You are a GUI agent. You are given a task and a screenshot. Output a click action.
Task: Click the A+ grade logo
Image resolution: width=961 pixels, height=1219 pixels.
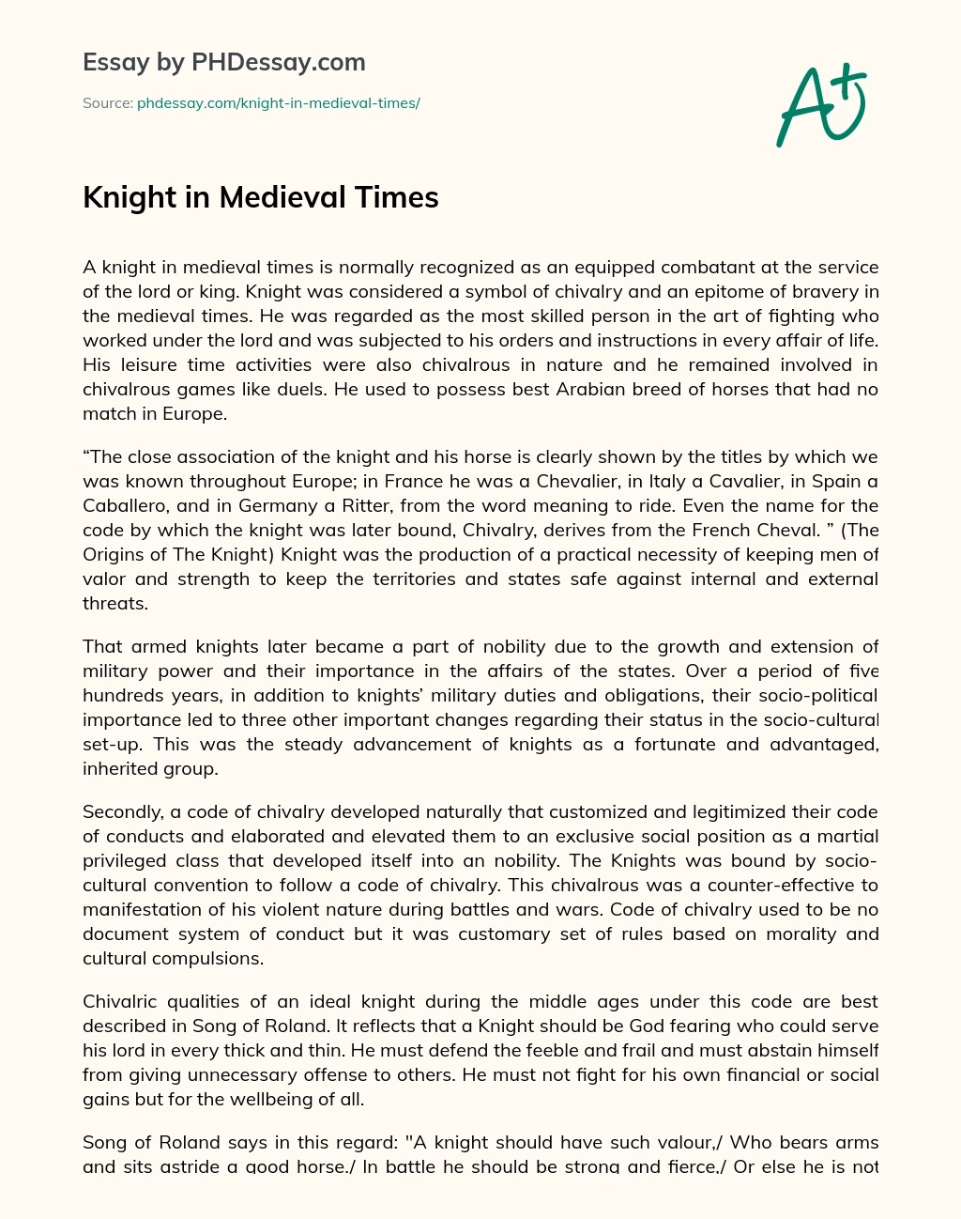tap(821, 106)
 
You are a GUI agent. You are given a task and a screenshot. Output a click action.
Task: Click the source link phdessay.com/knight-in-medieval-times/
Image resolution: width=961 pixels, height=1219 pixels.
tap(278, 103)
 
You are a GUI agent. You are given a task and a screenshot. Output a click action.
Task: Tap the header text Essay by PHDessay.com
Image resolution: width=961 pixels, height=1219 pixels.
tap(223, 63)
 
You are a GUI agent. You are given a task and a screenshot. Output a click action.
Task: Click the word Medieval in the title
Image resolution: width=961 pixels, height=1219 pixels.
tap(282, 198)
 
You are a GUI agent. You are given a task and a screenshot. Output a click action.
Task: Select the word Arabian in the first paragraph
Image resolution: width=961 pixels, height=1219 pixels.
tap(521, 389)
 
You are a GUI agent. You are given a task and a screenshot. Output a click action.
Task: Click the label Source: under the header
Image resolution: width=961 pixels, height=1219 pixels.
tap(108, 103)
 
